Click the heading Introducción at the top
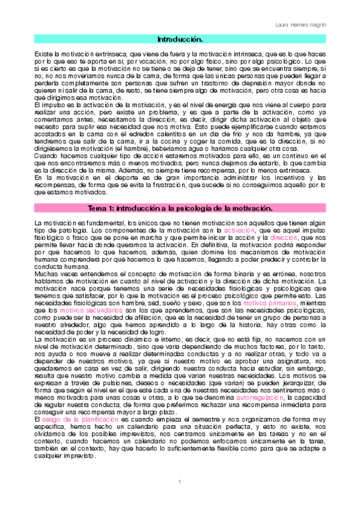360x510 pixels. pyautogui.click(x=180, y=39)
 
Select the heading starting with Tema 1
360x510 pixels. pyautogui.click(x=180, y=208)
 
